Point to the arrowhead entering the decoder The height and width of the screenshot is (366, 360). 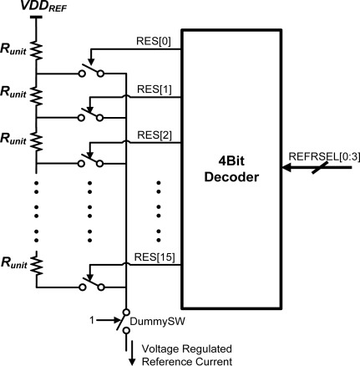tap(288, 168)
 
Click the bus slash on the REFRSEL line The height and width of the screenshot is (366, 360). tap(326, 168)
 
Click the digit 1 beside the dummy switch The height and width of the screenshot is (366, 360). tap(104, 318)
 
